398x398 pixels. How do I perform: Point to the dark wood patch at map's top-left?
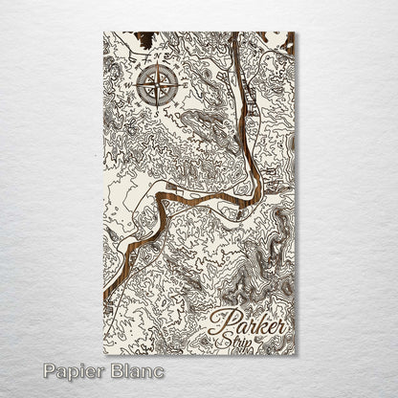tap(144, 40)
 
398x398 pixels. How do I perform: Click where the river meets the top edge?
tap(232, 33)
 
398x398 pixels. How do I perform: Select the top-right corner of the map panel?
tap(296, 33)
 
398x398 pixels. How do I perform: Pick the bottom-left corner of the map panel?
tap(103, 355)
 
